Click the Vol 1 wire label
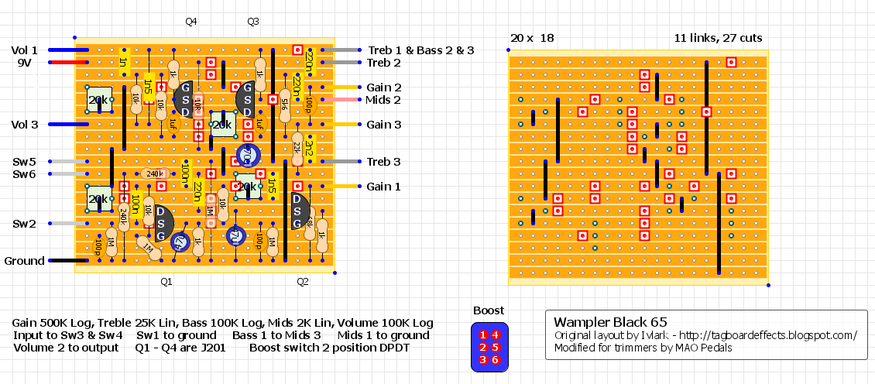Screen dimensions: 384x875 click(24, 50)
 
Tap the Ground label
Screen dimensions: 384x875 click(24, 261)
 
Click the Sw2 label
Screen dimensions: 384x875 click(24, 224)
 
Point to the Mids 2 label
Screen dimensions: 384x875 click(383, 100)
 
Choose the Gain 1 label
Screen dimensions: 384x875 click(384, 187)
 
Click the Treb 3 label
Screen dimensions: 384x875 click(384, 162)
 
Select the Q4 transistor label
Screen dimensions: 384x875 click(191, 22)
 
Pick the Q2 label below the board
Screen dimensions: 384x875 click(303, 282)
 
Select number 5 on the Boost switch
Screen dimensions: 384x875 click(496, 347)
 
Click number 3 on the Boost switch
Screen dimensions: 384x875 click(483, 359)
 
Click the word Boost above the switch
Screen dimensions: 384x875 click(488, 310)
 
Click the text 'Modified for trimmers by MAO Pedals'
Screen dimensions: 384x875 click(643, 348)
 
